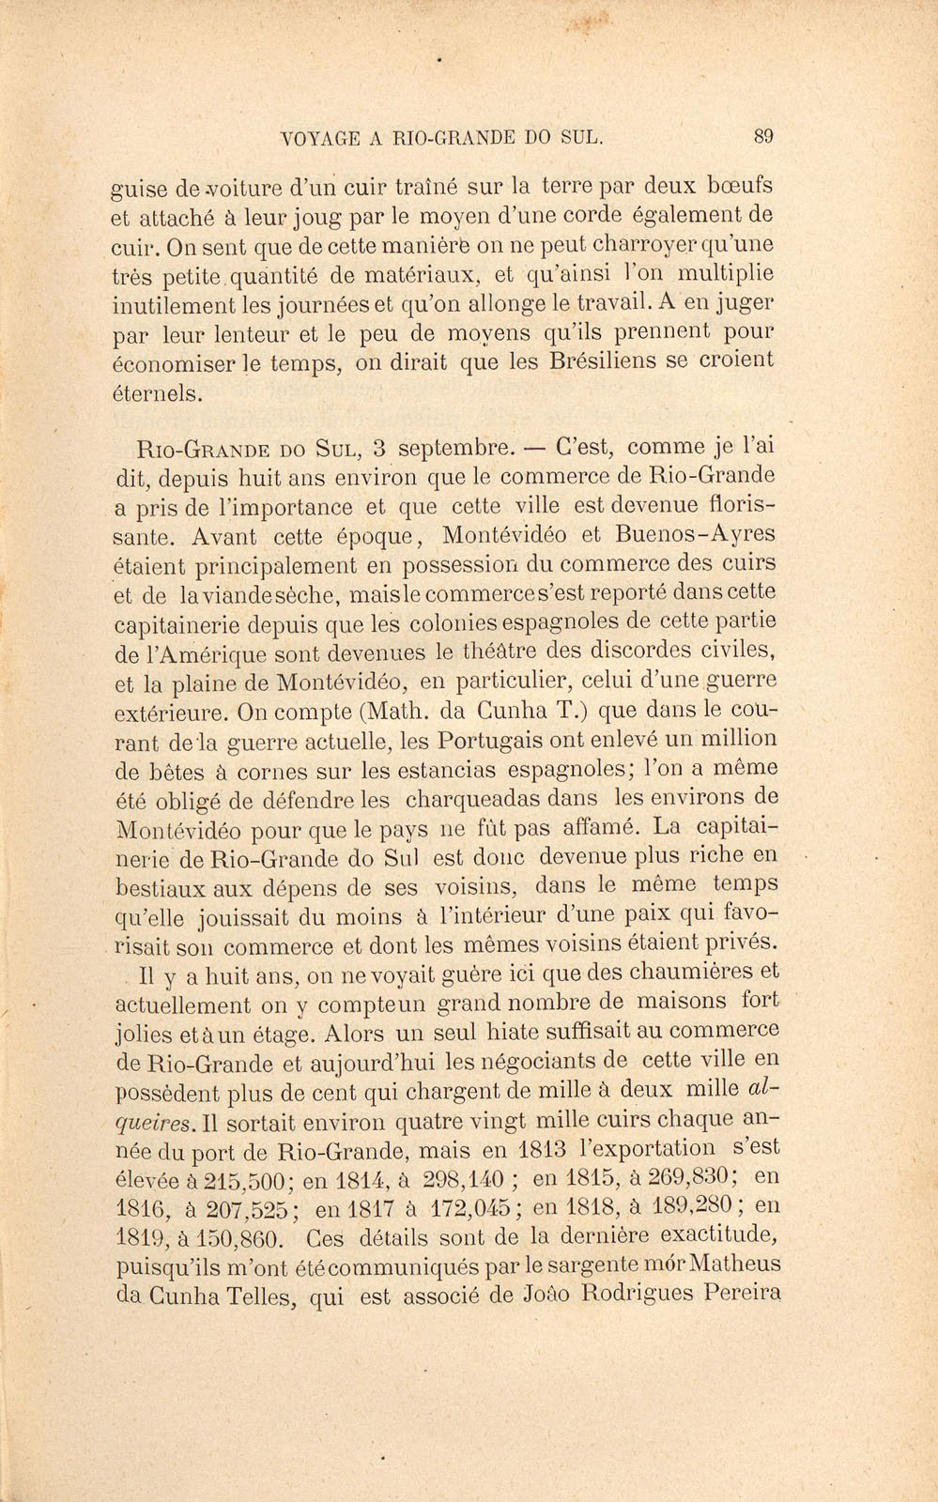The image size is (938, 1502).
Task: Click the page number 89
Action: pyautogui.click(x=763, y=136)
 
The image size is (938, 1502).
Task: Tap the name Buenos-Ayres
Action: pyautogui.click(x=696, y=534)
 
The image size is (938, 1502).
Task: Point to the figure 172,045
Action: pyautogui.click(x=474, y=1207)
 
